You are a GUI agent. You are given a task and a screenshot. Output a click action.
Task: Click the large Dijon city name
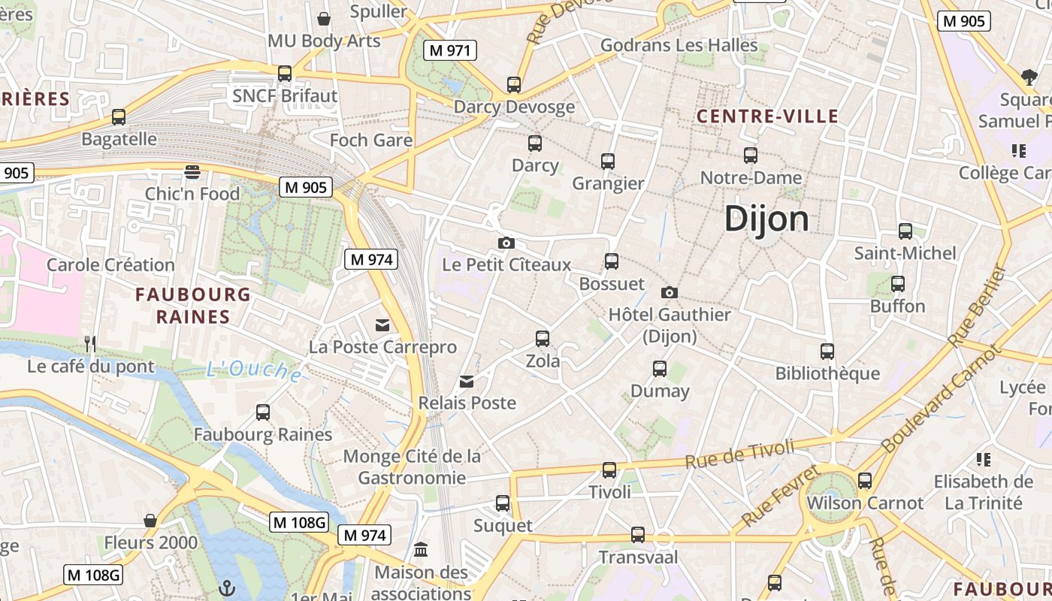click(766, 219)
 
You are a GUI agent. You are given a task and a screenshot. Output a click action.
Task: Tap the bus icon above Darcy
click(535, 143)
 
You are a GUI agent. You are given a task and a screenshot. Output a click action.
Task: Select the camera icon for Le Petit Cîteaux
click(506, 243)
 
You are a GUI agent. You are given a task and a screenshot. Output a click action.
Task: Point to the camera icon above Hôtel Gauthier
click(670, 292)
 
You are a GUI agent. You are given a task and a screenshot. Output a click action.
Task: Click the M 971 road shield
click(450, 50)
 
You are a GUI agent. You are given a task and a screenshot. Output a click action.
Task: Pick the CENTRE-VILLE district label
click(766, 116)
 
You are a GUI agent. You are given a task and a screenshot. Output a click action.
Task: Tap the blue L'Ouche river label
click(254, 370)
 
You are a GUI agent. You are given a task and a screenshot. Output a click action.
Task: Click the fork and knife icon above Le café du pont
click(90, 344)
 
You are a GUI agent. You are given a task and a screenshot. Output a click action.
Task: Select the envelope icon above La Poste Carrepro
click(383, 325)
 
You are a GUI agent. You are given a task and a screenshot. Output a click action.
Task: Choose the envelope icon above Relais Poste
click(467, 381)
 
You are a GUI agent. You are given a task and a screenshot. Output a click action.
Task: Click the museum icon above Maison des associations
click(421, 549)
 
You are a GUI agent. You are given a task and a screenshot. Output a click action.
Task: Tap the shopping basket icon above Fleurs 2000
click(150, 520)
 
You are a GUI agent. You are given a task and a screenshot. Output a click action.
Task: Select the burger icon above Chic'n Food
click(192, 171)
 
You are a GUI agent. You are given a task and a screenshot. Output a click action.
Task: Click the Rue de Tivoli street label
click(739, 455)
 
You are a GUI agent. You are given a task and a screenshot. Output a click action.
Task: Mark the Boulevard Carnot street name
click(942, 398)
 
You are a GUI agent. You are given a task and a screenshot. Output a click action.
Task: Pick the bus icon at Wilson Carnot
click(865, 480)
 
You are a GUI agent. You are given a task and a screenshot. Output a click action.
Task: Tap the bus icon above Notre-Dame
click(751, 156)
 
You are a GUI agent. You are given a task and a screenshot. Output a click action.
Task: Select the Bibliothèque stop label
click(827, 373)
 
